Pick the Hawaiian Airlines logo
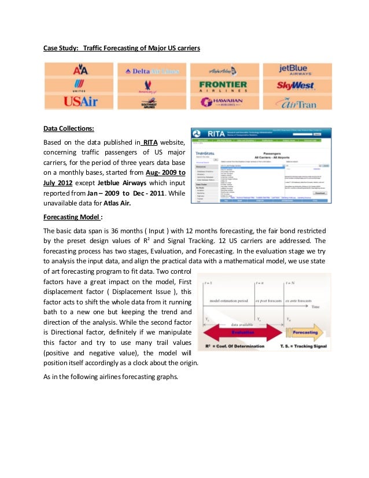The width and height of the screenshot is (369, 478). [222, 103]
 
